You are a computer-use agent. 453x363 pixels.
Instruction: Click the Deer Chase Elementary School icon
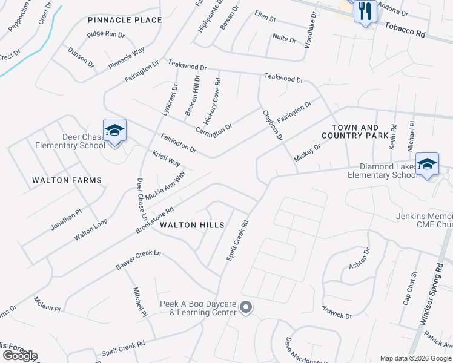click(x=114, y=131)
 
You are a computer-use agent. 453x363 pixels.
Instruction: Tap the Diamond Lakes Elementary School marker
click(x=427, y=165)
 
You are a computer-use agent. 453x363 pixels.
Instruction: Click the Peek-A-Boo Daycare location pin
click(x=246, y=308)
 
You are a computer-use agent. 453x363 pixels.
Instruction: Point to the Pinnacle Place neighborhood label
click(x=125, y=20)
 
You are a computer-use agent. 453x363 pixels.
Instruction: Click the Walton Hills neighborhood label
click(x=192, y=225)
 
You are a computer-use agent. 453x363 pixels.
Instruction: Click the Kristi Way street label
click(x=166, y=159)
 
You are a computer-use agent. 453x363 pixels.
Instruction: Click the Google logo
click(x=20, y=356)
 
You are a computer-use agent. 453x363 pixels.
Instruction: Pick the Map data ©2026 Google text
click(x=415, y=358)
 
